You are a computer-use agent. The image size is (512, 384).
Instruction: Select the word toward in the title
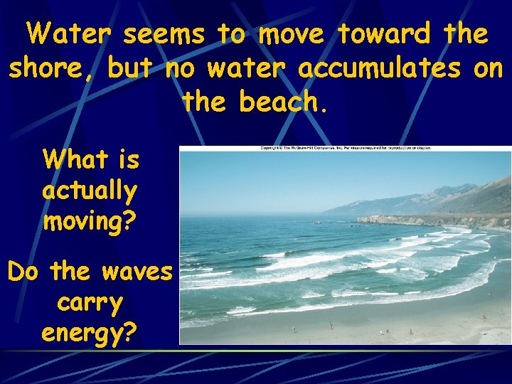coord(383,33)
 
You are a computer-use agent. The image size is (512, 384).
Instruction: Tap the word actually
coord(89,191)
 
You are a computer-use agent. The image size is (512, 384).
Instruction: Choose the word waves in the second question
coord(142,271)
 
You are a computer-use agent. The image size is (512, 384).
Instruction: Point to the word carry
coord(89,302)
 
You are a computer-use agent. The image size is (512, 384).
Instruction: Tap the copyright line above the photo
coord(346,148)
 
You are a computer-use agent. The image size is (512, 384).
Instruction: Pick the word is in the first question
coord(128,159)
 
